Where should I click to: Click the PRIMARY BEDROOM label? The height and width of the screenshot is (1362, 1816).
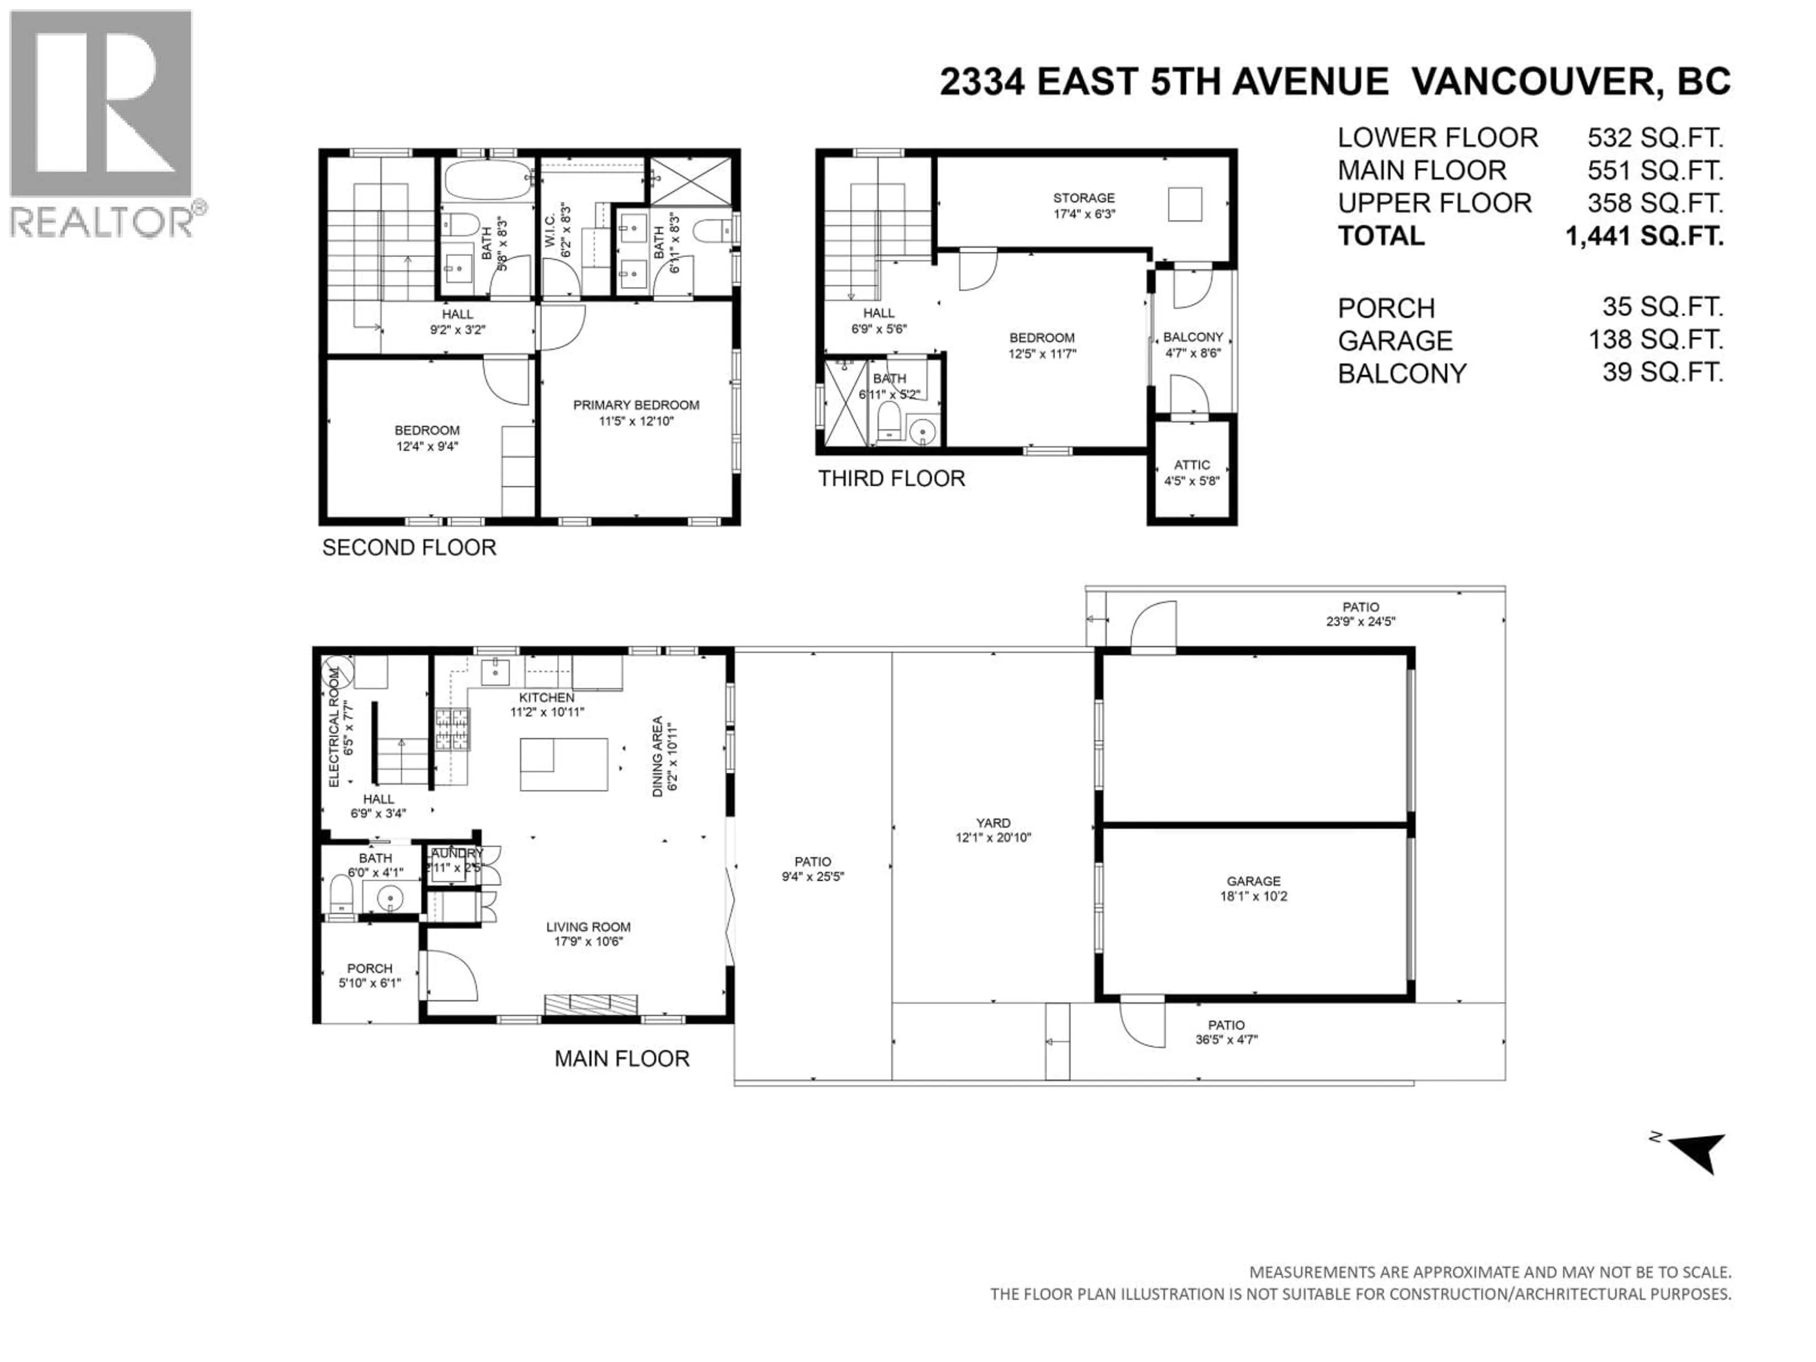[636, 405]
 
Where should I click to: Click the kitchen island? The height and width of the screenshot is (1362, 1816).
[564, 763]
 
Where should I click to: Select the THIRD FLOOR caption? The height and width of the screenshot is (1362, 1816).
[891, 479]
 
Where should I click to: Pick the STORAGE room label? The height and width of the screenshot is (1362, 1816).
[1084, 198]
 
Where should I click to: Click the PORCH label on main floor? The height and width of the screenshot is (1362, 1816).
[369, 968]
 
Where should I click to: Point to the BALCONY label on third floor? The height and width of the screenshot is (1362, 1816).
[1193, 337]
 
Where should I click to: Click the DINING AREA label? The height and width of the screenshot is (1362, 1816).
[657, 756]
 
